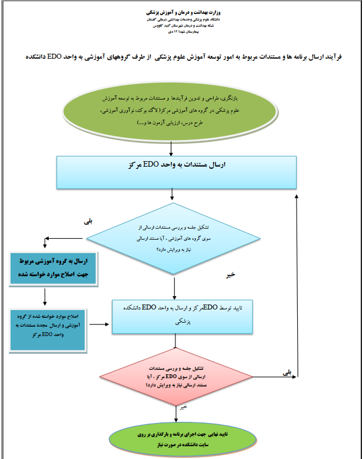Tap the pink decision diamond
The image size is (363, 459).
click(175, 376)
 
